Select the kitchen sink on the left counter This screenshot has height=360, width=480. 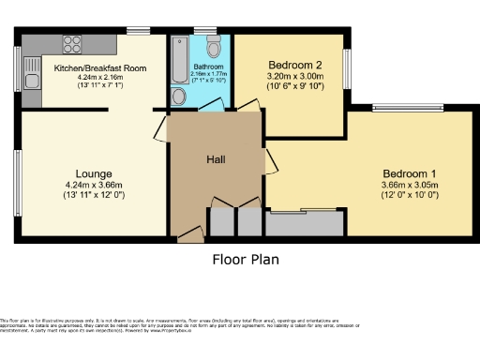[x=32, y=69]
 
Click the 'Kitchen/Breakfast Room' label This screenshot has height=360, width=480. [x=100, y=68]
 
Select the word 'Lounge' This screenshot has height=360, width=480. [x=95, y=173]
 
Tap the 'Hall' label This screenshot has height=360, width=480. [x=216, y=158]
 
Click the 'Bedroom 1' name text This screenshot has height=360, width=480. [x=409, y=174]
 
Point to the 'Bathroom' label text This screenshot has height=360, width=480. [x=207, y=67]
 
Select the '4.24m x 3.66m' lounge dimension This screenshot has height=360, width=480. [x=94, y=185]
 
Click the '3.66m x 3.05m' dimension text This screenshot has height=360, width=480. [x=409, y=186]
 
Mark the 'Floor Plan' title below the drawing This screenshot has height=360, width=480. [x=246, y=260]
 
